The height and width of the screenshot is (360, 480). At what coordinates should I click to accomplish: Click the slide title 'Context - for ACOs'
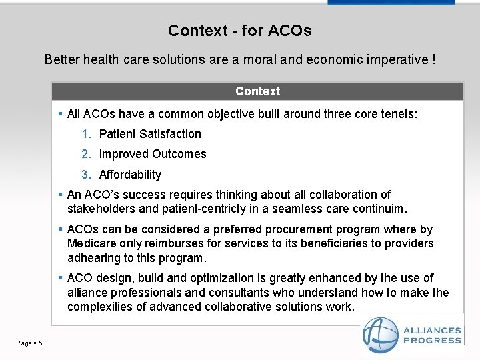point(240,31)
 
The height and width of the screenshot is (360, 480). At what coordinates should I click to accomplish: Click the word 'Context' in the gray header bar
point(257,91)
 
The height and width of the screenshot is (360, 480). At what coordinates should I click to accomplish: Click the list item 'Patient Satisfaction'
point(150,134)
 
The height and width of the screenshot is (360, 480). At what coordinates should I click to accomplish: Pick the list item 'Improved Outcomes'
point(153,154)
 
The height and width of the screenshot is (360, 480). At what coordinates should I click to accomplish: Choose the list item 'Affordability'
point(130,175)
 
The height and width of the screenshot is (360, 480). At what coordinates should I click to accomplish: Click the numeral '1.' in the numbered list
point(86,134)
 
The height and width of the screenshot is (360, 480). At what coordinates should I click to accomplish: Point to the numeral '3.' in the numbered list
point(86,175)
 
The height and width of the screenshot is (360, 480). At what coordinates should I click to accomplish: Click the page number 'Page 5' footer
point(29,343)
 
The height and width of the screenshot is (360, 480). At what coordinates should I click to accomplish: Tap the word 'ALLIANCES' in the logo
point(432,331)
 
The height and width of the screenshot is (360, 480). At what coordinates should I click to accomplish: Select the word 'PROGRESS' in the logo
point(432,341)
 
